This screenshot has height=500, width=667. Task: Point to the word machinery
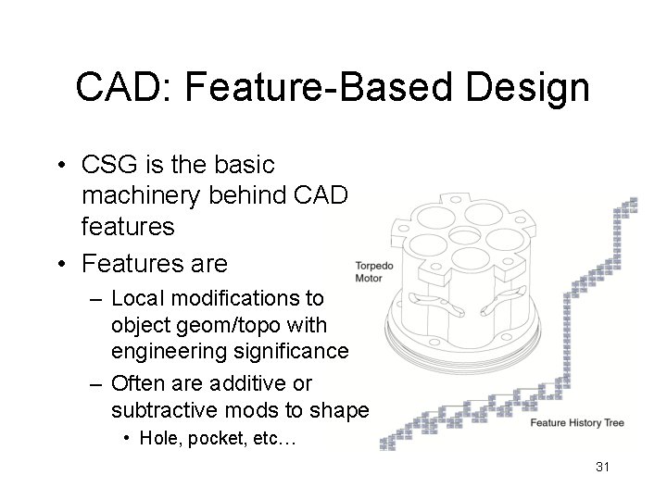pos(141,197)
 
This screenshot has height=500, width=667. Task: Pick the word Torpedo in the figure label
pos(374,266)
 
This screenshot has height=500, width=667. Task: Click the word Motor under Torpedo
pos(369,278)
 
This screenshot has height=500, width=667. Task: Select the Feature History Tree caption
pos(577,423)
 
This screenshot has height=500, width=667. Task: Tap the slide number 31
pos(602,467)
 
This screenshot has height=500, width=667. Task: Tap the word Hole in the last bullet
pos(158,439)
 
